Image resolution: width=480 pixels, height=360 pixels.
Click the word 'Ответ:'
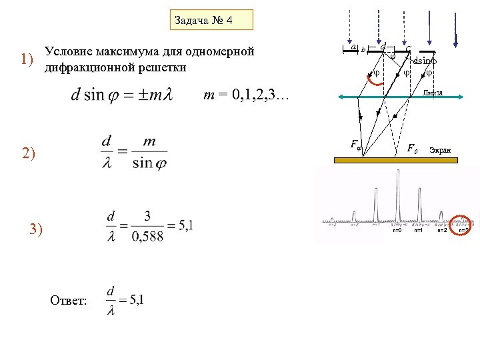tap(68, 301)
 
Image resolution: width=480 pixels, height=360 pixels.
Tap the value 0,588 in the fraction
tap(147, 237)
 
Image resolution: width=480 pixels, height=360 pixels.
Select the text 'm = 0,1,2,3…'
tap(246, 99)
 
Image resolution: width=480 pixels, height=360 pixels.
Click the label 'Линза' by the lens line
tap(433, 93)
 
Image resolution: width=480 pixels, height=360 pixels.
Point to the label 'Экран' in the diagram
tap(440, 151)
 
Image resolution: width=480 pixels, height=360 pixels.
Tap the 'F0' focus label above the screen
tap(413, 148)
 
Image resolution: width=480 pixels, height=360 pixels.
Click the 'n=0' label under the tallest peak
tap(397, 230)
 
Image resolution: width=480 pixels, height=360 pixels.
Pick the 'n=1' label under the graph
tap(419, 230)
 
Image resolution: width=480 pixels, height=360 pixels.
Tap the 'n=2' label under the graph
tap(441, 230)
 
